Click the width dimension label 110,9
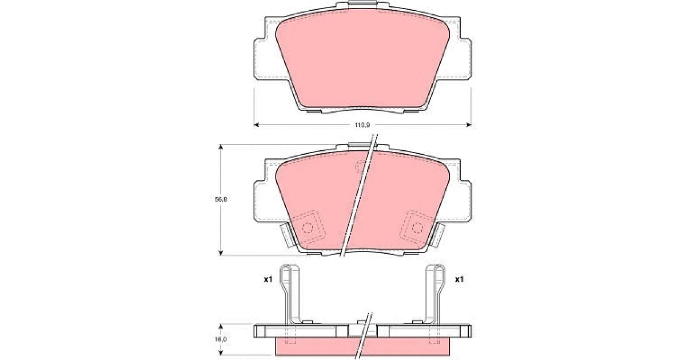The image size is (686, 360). pyautogui.click(x=362, y=125)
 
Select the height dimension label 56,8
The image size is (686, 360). pyautogui.click(x=221, y=199)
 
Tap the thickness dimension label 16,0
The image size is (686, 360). pyautogui.click(x=221, y=339)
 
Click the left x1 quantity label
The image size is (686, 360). pyautogui.click(x=268, y=279)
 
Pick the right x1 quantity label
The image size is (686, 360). pyautogui.click(x=460, y=279)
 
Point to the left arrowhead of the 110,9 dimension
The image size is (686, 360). pyautogui.click(x=257, y=125)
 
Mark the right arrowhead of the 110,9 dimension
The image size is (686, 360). pyautogui.click(x=469, y=125)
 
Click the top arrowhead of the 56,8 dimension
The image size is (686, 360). pyautogui.click(x=221, y=147)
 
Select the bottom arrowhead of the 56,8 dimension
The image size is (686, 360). pyautogui.click(x=221, y=252)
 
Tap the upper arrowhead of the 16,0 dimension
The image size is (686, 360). pyautogui.click(x=221, y=327)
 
